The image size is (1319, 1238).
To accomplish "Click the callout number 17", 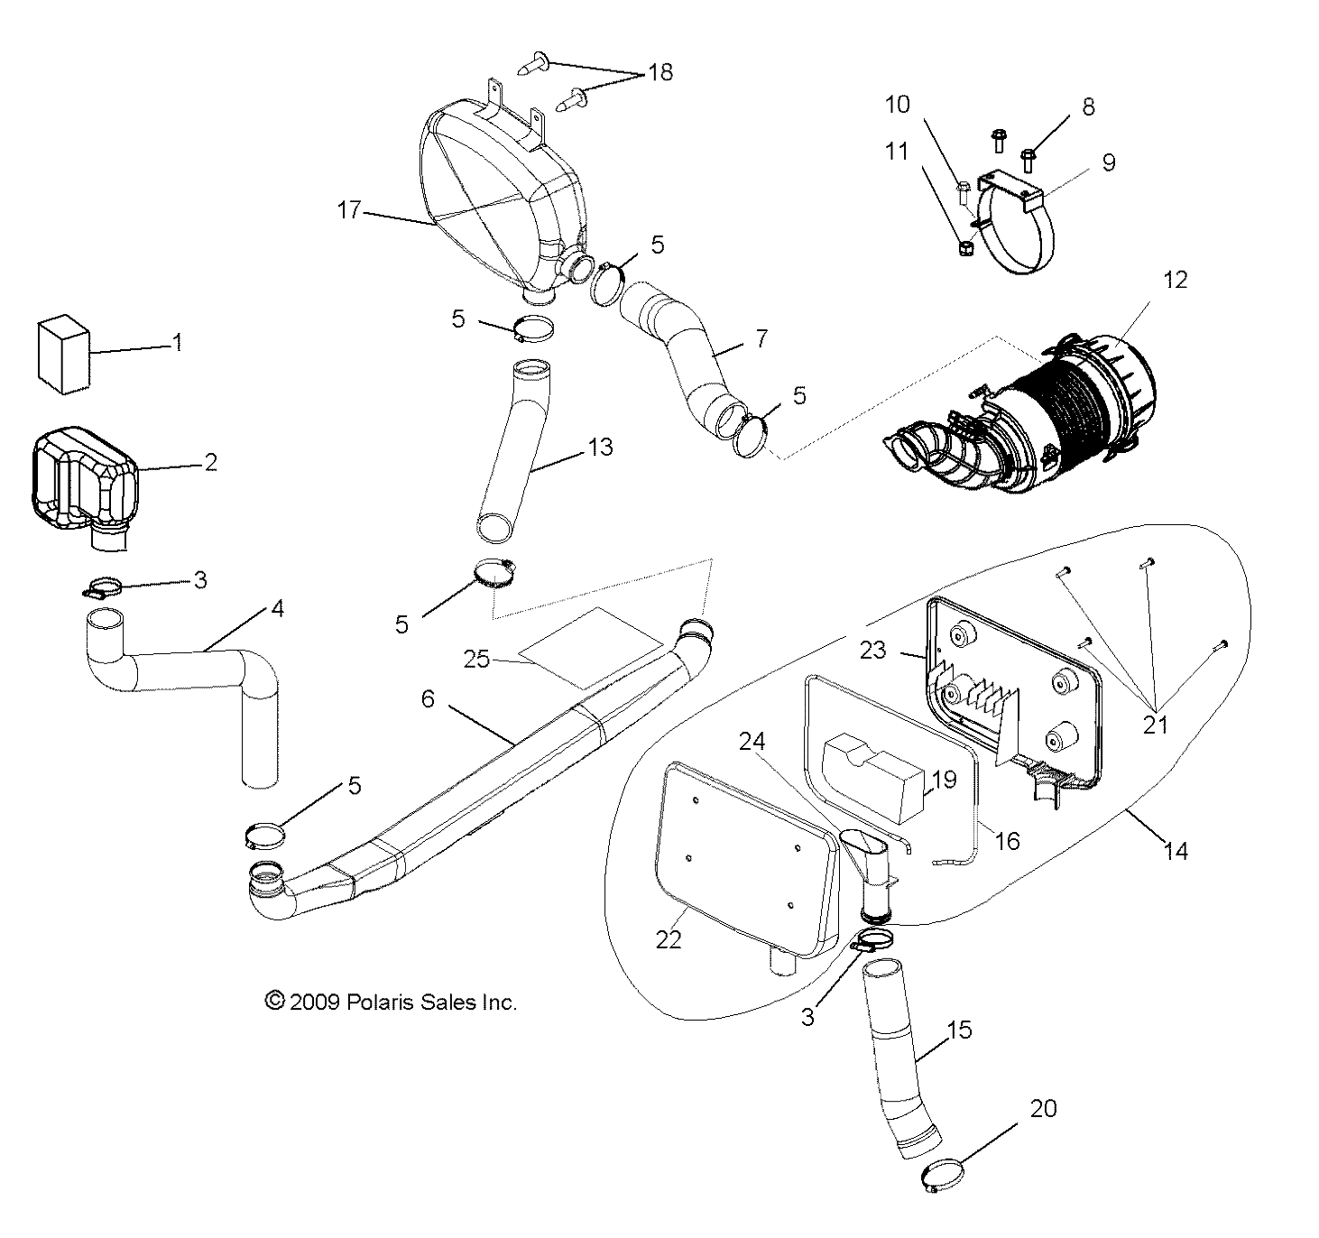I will click(349, 211).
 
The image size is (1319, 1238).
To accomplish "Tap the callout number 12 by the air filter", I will click(1176, 281).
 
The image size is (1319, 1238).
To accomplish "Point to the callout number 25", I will click(476, 659).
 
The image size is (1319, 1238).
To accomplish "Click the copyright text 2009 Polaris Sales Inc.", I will click(391, 1002).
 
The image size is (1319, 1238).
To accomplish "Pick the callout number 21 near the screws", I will click(1155, 724).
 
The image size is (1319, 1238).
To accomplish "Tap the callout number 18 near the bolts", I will click(660, 72).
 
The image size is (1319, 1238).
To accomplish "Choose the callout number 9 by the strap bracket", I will click(1109, 162).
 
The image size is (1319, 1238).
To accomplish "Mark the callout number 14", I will click(1176, 850).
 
